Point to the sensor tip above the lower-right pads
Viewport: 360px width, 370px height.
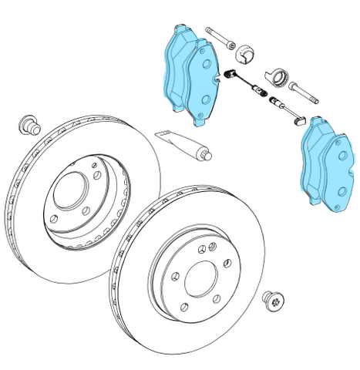pyautogui.click(x=300, y=117)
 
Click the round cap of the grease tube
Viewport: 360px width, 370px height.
pyautogui.click(x=207, y=156)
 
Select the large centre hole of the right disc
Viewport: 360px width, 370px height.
pyautogui.click(x=202, y=275)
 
